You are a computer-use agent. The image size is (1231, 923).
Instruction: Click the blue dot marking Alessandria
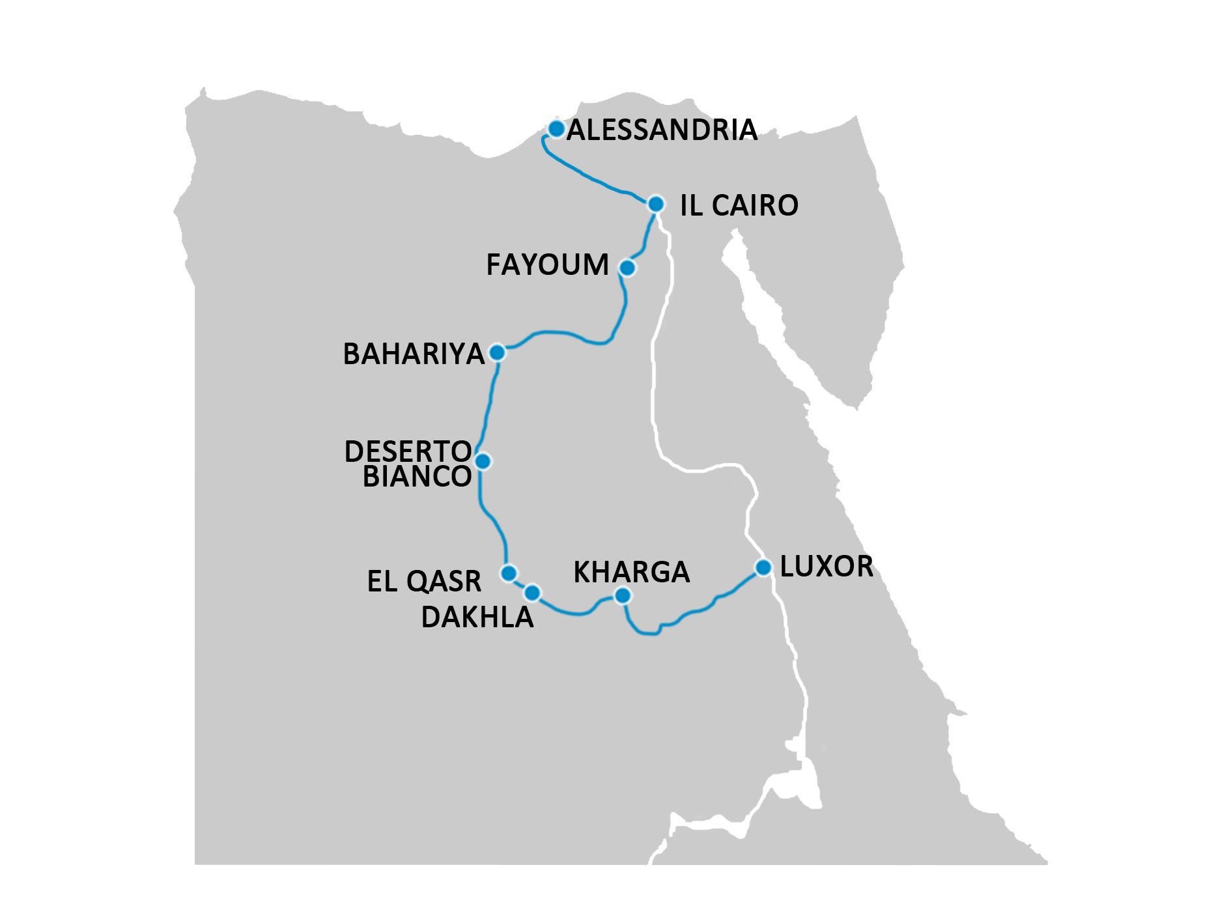point(556,129)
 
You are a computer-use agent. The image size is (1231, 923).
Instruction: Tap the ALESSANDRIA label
point(662,130)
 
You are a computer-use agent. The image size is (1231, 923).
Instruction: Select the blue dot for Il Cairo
point(655,204)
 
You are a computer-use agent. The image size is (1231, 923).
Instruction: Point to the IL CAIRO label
point(739,206)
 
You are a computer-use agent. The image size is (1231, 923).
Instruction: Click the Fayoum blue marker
point(627,268)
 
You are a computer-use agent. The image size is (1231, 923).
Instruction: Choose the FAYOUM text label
point(548,265)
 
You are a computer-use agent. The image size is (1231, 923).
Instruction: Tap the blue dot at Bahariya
point(497,352)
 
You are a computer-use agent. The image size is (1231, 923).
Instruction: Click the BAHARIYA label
point(414,354)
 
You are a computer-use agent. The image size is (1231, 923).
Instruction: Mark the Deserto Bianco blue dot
point(483,461)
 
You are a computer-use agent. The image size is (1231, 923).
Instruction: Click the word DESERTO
point(408,451)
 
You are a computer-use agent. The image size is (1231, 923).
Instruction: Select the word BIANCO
point(417,477)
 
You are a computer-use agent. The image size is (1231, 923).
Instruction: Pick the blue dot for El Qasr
point(509,573)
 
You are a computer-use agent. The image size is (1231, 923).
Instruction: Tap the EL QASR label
point(424,582)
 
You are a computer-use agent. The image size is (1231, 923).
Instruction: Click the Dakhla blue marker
point(532,593)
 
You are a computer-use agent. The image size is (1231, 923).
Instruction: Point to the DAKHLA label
point(477,618)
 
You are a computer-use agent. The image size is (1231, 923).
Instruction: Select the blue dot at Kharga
point(623,595)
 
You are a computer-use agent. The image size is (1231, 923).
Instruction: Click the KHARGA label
point(631,573)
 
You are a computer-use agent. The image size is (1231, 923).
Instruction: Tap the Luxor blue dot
point(763,567)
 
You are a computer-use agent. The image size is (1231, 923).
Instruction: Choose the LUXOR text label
point(827,567)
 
